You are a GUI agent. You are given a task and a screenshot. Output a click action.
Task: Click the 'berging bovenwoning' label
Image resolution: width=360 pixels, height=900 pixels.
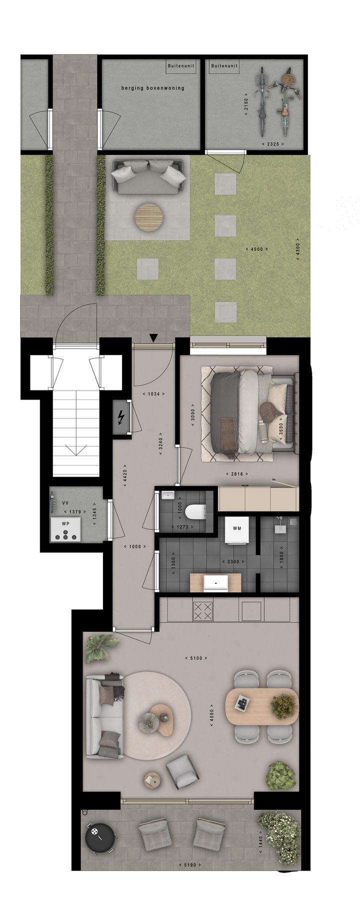[x=152, y=88]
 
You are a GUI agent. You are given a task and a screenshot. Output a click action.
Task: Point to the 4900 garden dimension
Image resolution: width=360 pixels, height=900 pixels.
[x=257, y=248]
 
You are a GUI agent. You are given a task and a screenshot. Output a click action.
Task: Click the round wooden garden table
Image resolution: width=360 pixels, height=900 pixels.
[x=148, y=216]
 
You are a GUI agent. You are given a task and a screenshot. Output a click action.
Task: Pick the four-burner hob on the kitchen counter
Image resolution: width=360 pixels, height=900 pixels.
[x=203, y=610]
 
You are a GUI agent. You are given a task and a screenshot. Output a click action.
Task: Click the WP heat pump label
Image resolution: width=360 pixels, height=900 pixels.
[x=65, y=523]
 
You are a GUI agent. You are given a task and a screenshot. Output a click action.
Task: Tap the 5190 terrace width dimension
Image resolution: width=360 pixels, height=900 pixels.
[x=190, y=864]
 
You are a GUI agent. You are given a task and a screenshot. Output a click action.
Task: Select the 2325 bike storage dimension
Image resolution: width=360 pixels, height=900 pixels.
[x=273, y=144]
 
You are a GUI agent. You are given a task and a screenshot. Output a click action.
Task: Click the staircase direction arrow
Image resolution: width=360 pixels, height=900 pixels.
[x=76, y=449]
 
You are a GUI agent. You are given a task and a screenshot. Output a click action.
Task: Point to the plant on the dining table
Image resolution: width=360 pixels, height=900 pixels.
[x=283, y=704]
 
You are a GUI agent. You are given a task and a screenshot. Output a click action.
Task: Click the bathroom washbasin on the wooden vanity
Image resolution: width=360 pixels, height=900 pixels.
[x=215, y=582]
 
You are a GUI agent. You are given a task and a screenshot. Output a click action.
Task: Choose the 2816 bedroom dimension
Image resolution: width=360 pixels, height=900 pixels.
[x=237, y=473]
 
